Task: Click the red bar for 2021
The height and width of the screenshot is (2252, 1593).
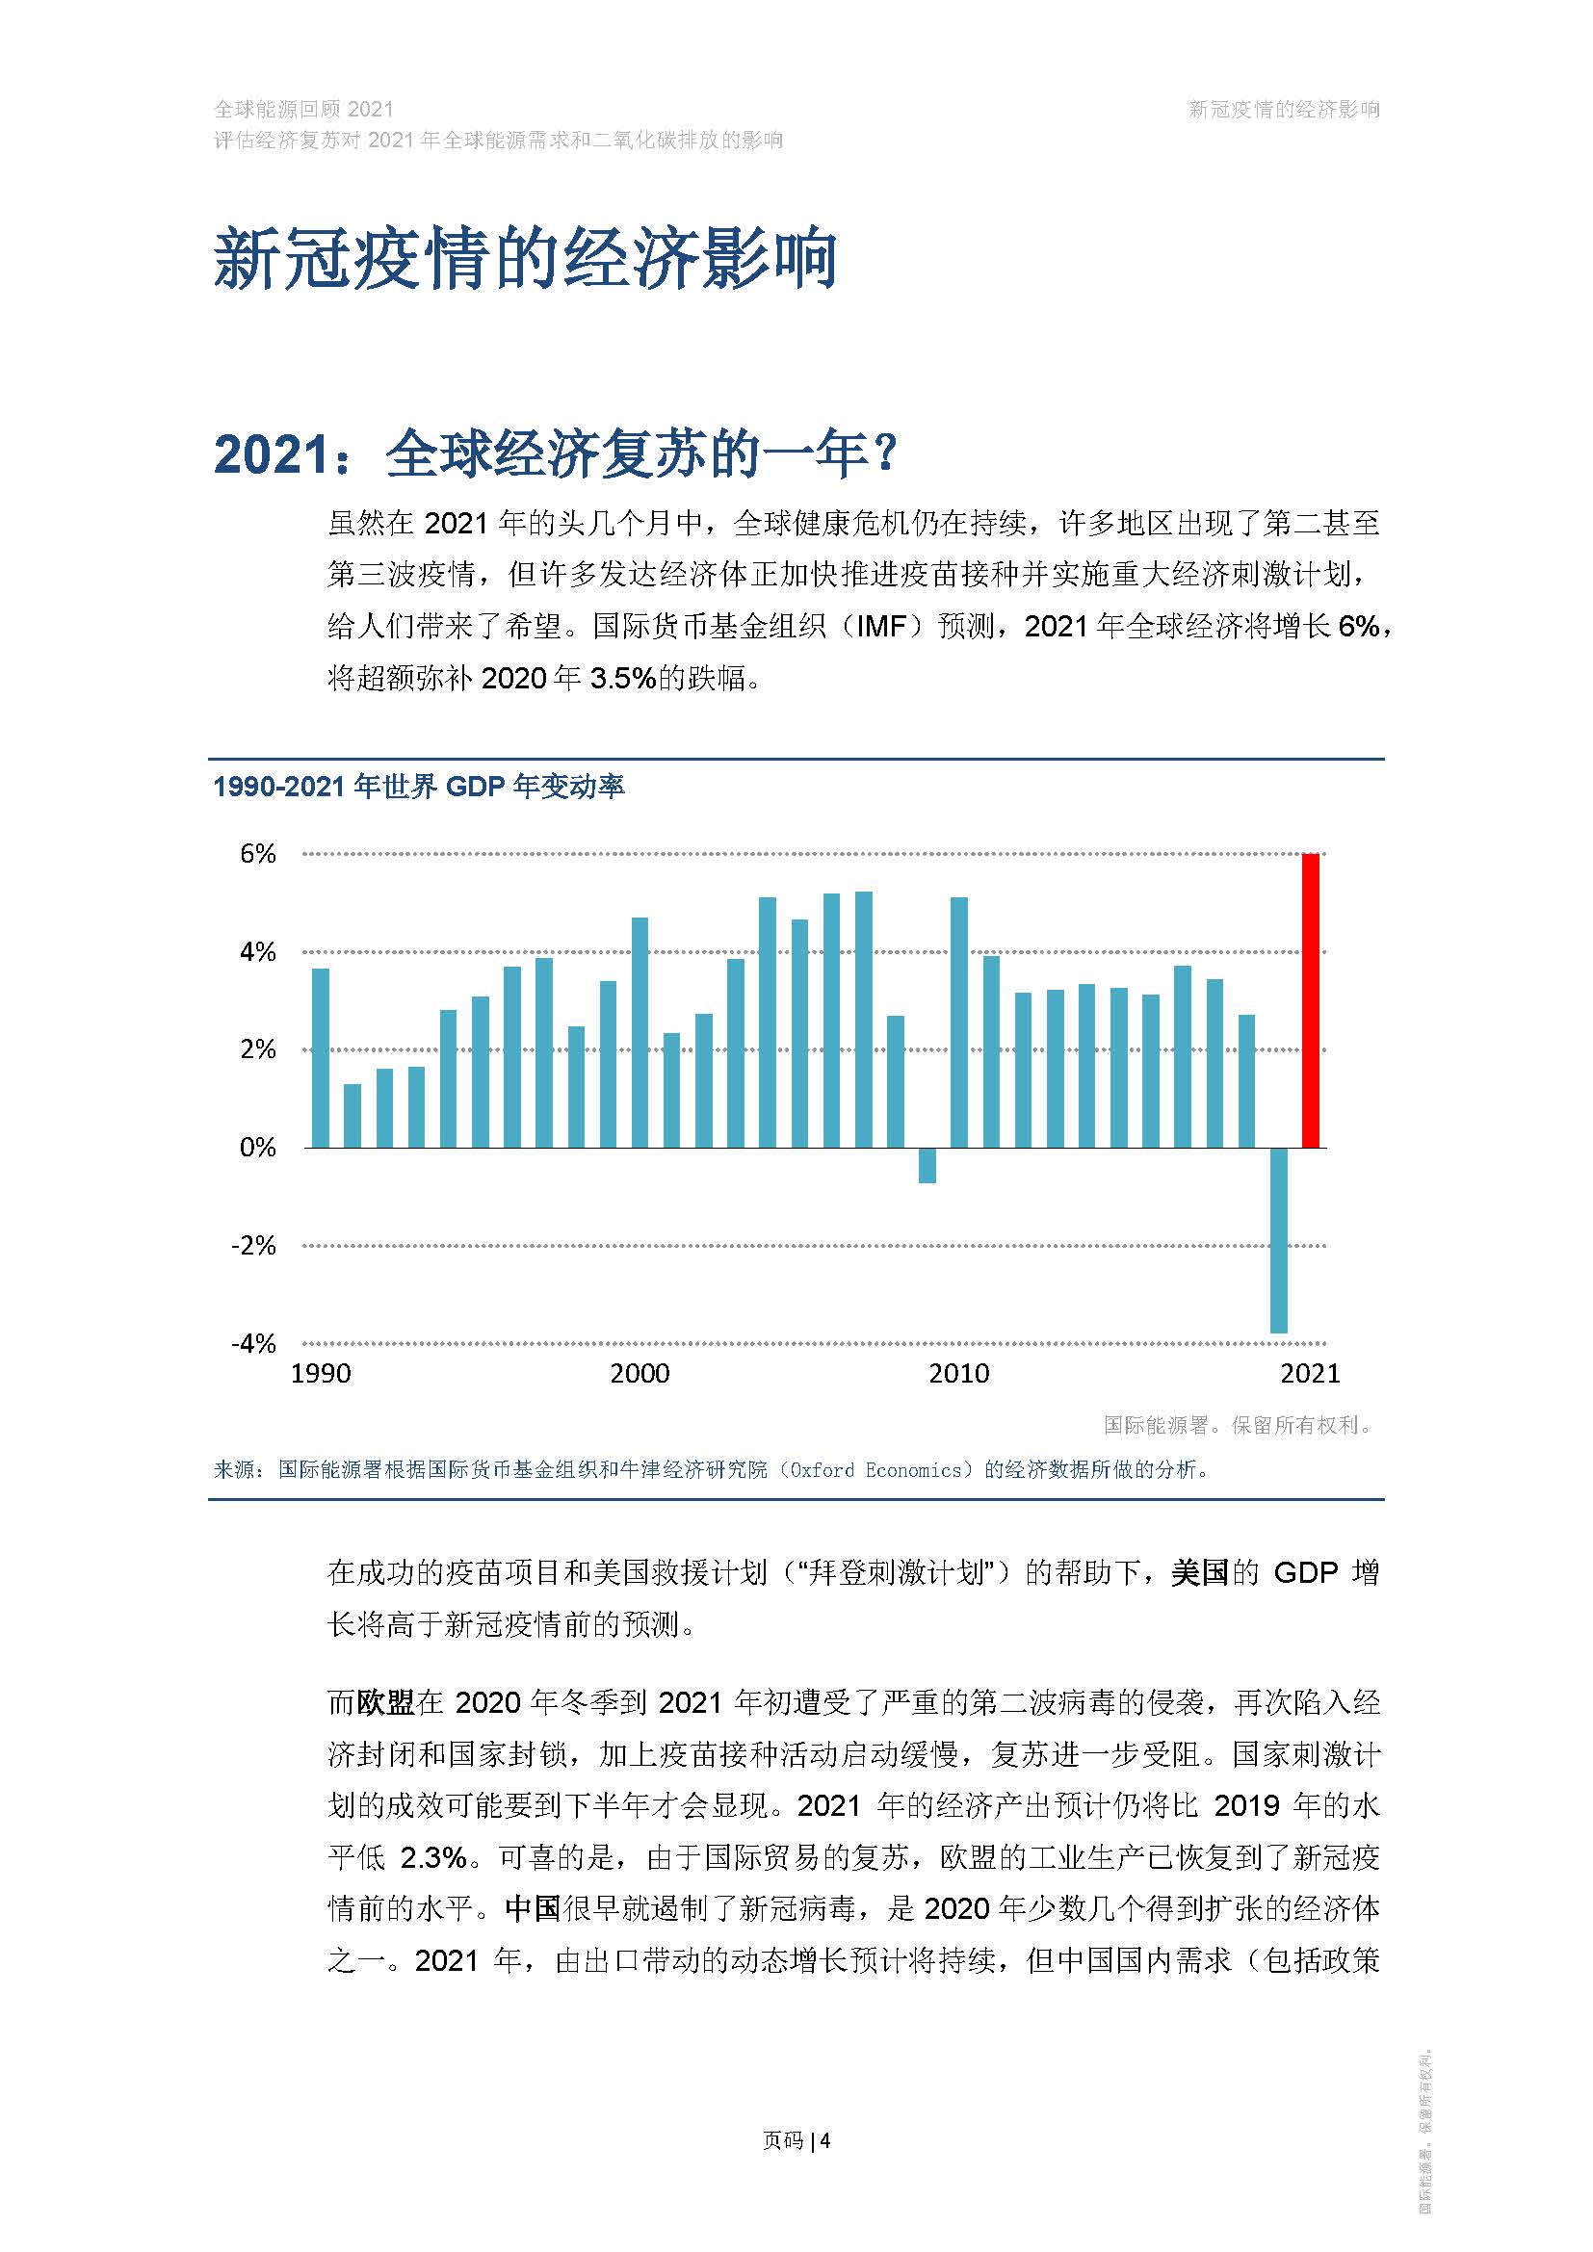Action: (x=1310, y=1000)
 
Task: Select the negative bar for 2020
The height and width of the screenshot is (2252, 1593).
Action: (x=1278, y=1240)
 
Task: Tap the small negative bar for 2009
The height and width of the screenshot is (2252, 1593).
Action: (x=927, y=1165)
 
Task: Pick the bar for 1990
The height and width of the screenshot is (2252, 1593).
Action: (x=321, y=1057)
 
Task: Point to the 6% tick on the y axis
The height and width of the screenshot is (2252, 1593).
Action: (x=258, y=853)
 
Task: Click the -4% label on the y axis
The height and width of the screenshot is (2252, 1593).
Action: (x=254, y=1343)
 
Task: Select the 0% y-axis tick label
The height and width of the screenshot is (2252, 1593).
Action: (x=258, y=1148)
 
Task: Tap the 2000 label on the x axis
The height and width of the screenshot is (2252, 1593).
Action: (x=640, y=1373)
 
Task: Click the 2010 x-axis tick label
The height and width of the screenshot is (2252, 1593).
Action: (x=958, y=1373)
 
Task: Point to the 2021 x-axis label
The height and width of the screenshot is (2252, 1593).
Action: (x=1310, y=1373)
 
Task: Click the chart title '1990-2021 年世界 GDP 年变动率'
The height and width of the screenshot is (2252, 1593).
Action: (x=419, y=787)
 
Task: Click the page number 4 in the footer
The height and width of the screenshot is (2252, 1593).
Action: (x=826, y=2140)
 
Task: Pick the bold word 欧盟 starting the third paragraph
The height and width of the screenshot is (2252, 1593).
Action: (x=385, y=1701)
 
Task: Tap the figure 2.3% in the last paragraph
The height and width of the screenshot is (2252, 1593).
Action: (x=432, y=1856)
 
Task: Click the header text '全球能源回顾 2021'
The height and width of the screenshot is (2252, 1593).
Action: (x=304, y=110)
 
